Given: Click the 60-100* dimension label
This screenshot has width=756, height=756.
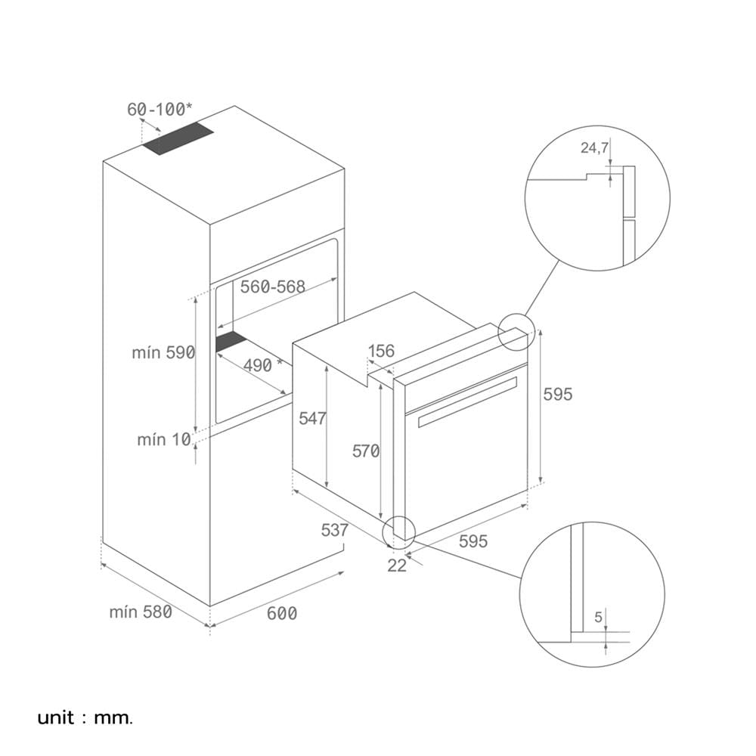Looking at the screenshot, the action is (160, 110).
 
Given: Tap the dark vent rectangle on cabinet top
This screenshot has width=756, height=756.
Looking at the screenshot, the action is (178, 138).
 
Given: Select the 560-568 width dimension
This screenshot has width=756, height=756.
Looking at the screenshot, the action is (273, 287).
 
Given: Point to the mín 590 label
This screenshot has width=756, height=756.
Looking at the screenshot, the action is (163, 352).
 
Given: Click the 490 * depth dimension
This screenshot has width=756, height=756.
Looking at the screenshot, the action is (262, 365).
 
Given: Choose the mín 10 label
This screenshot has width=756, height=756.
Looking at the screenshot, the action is (164, 440).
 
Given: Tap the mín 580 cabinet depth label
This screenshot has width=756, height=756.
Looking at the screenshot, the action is (141, 612).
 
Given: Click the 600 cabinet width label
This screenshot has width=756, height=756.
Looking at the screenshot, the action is (282, 613).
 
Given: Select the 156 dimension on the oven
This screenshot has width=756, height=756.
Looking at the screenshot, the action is (381, 351).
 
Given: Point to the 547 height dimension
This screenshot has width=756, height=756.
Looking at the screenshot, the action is (312, 418).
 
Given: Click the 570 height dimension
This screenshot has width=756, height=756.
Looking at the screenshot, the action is (366, 451).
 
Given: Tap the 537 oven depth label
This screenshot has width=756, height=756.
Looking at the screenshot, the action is (335, 530).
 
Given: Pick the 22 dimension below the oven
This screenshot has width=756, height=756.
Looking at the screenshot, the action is (397, 565).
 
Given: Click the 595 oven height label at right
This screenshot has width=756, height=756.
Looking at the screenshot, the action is (558, 394).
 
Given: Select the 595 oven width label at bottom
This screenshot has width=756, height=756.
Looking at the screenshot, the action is (473, 541).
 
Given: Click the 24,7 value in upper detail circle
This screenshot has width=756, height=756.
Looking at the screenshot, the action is (594, 147).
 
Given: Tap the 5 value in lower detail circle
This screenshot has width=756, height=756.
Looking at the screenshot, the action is (598, 617).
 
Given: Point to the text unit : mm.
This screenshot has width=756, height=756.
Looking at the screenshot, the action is (85, 717).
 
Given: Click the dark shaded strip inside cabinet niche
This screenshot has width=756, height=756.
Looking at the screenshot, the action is (231, 341).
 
